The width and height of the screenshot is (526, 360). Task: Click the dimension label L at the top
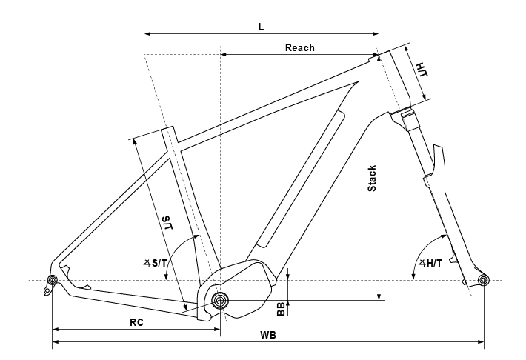[x=262, y=27]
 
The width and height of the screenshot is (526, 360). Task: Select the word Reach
[x=300, y=47]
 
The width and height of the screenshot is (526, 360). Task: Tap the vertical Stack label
[x=372, y=179]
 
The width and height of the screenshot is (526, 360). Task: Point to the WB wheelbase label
[x=268, y=335]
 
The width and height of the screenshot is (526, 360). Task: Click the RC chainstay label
[x=136, y=322]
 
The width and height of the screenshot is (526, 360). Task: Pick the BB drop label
[x=281, y=309]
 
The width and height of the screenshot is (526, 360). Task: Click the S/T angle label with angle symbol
[x=155, y=264]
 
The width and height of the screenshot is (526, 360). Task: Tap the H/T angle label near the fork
[x=430, y=264]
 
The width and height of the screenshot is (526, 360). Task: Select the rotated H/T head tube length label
[x=422, y=70]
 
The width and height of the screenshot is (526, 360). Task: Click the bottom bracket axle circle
[x=220, y=300]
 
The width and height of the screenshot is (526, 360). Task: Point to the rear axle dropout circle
[x=53, y=280]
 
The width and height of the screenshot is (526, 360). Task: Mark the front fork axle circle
[x=483, y=280]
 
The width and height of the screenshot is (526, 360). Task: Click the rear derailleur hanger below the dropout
[x=47, y=289]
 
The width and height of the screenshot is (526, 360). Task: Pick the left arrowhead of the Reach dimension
[x=224, y=54]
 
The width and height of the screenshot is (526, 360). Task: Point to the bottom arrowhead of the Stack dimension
[x=379, y=296]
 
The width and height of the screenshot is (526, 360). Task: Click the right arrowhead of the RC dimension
[x=216, y=330]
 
